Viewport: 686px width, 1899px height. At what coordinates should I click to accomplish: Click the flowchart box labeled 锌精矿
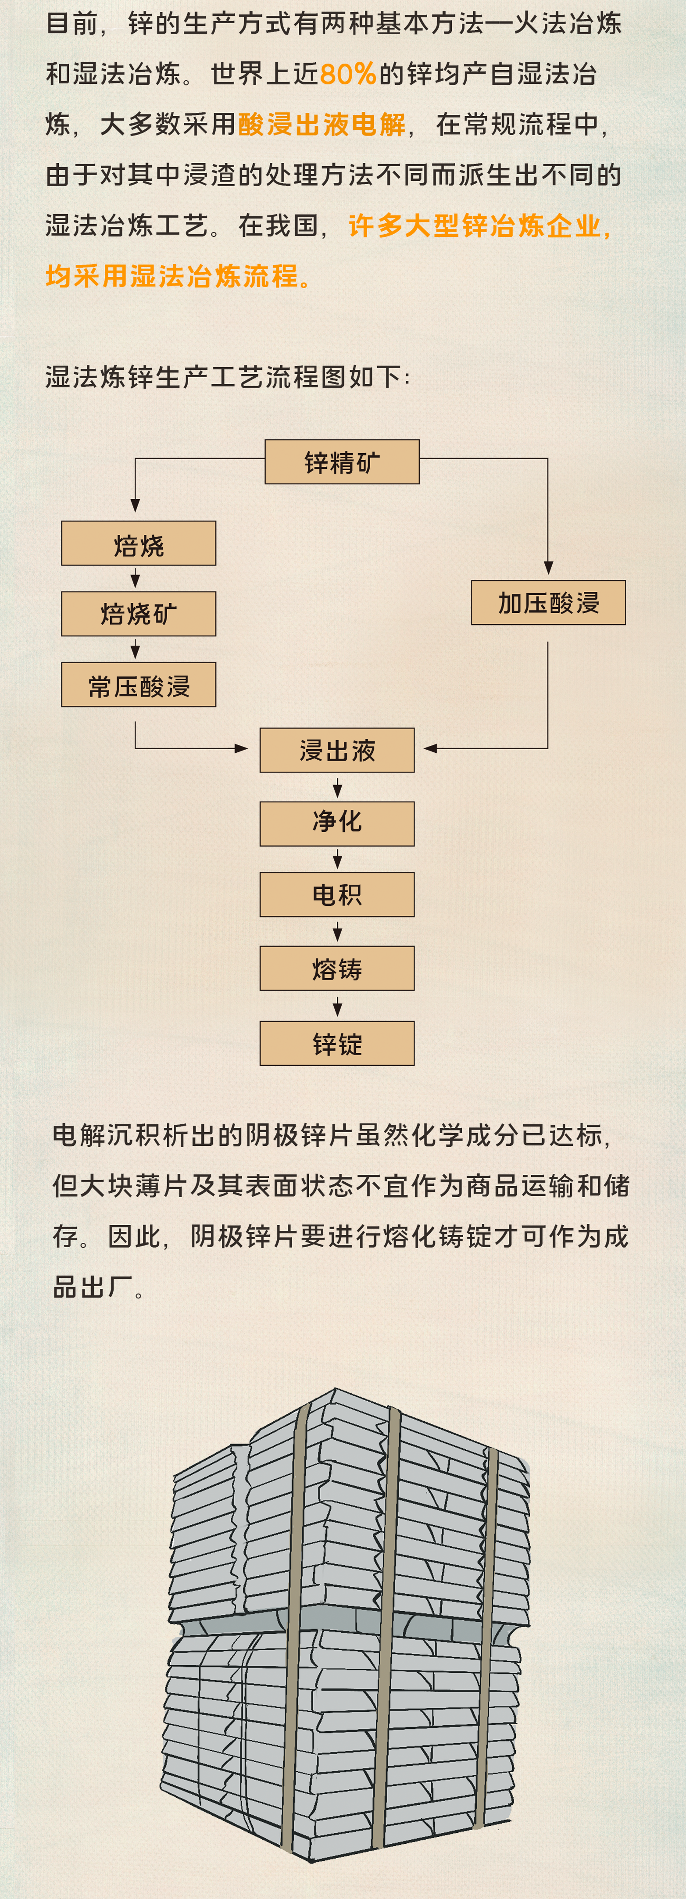[x=342, y=462]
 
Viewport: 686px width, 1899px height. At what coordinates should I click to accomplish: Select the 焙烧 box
[x=139, y=544]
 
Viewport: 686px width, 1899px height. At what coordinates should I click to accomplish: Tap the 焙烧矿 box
[x=139, y=613]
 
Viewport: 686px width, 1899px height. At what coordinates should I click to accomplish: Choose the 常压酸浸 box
[x=139, y=684]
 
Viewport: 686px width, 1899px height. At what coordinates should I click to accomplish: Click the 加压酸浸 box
[x=548, y=602]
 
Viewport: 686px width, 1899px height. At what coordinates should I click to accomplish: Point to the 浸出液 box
[x=337, y=750]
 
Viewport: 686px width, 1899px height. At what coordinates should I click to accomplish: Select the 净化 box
[x=337, y=823]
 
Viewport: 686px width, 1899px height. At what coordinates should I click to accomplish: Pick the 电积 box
[x=337, y=894]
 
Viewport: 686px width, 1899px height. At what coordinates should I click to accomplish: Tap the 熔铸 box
[x=337, y=968]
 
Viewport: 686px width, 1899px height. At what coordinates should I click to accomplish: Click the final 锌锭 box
[x=337, y=1043]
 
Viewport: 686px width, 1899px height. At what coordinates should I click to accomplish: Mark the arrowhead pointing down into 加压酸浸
[x=548, y=568]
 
